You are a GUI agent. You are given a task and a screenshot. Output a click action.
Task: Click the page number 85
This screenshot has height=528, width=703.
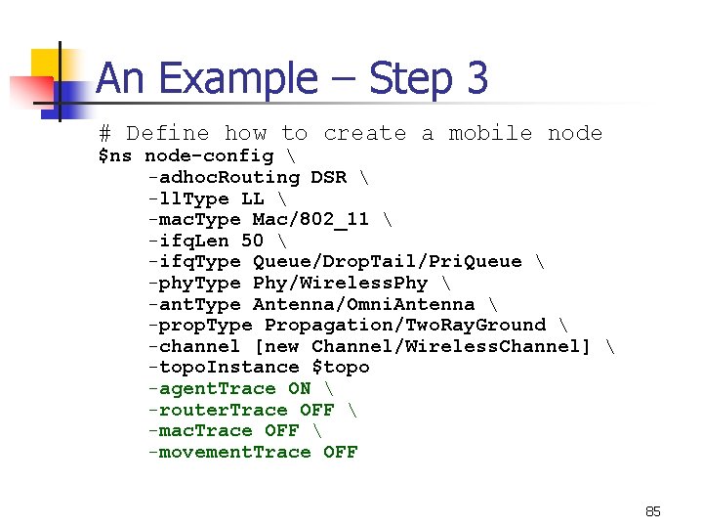coord(653,511)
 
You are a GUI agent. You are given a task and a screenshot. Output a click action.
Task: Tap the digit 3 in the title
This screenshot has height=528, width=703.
coord(476,79)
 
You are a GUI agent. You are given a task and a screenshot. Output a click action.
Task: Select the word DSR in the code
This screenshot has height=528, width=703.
coord(328,177)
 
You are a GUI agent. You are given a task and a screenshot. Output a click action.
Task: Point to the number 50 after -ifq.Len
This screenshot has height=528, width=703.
coord(252,241)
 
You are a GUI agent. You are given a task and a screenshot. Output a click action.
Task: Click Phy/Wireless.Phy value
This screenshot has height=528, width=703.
coord(340,283)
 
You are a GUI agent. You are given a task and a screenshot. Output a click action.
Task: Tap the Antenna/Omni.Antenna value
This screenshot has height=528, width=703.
coord(363,304)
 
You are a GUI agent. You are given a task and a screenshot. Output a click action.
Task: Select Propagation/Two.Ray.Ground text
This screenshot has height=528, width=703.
coord(405,325)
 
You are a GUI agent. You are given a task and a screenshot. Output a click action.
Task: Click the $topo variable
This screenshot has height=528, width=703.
coord(340,367)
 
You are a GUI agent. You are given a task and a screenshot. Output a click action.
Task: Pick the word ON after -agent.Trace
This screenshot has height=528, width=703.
coord(299,388)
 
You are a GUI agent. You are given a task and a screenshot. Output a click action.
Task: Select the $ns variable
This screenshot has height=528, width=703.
coord(115,156)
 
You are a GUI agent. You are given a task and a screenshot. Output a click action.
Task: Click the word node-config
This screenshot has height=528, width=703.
coord(209,156)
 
